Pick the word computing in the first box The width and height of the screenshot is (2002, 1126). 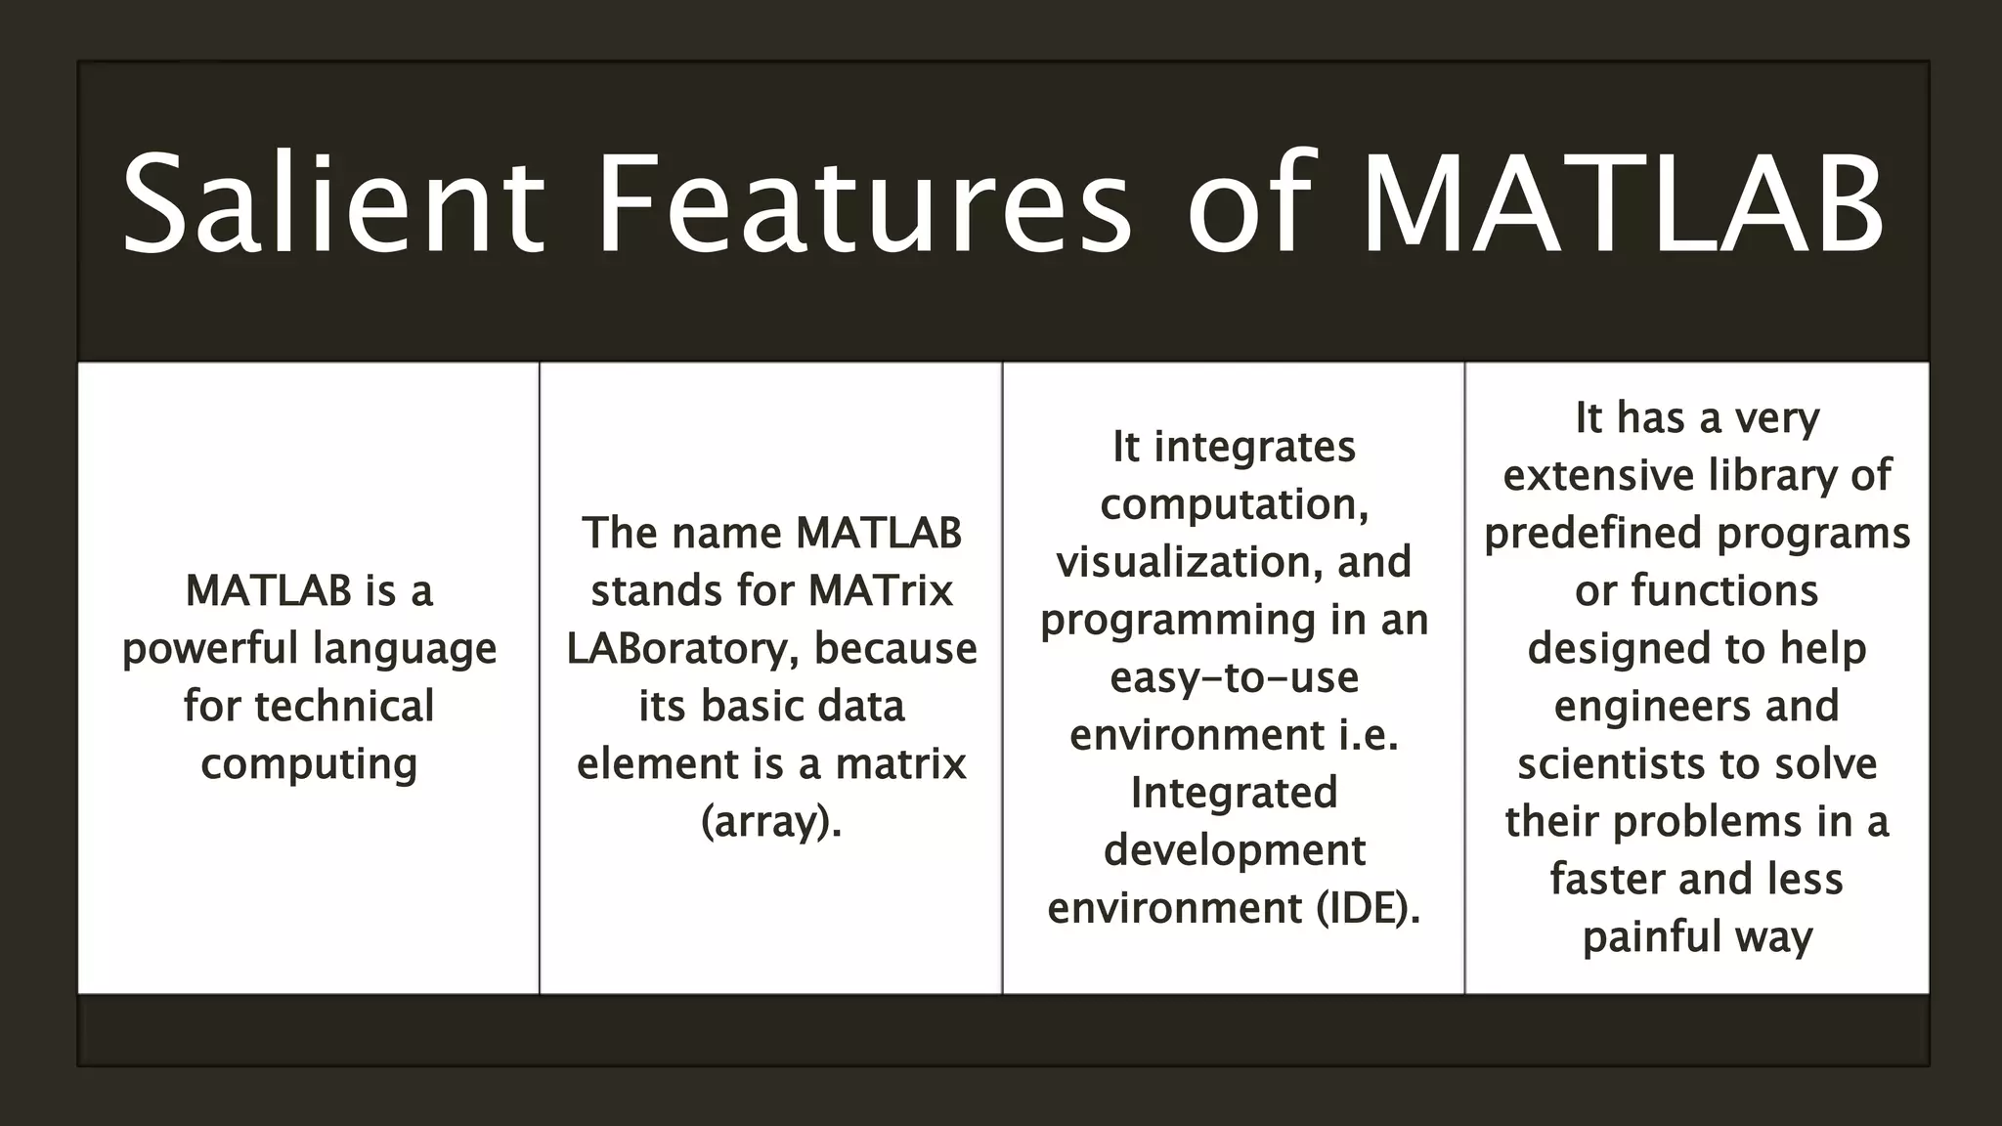pyautogui.click(x=309, y=764)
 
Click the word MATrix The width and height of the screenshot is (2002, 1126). pyautogui.click(x=881, y=591)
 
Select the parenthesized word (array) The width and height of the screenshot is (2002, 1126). pyautogui.click(x=771, y=822)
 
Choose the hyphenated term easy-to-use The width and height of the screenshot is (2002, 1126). pyautogui.click(x=1234, y=678)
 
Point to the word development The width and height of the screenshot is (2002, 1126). pyautogui.click(x=1234, y=851)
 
